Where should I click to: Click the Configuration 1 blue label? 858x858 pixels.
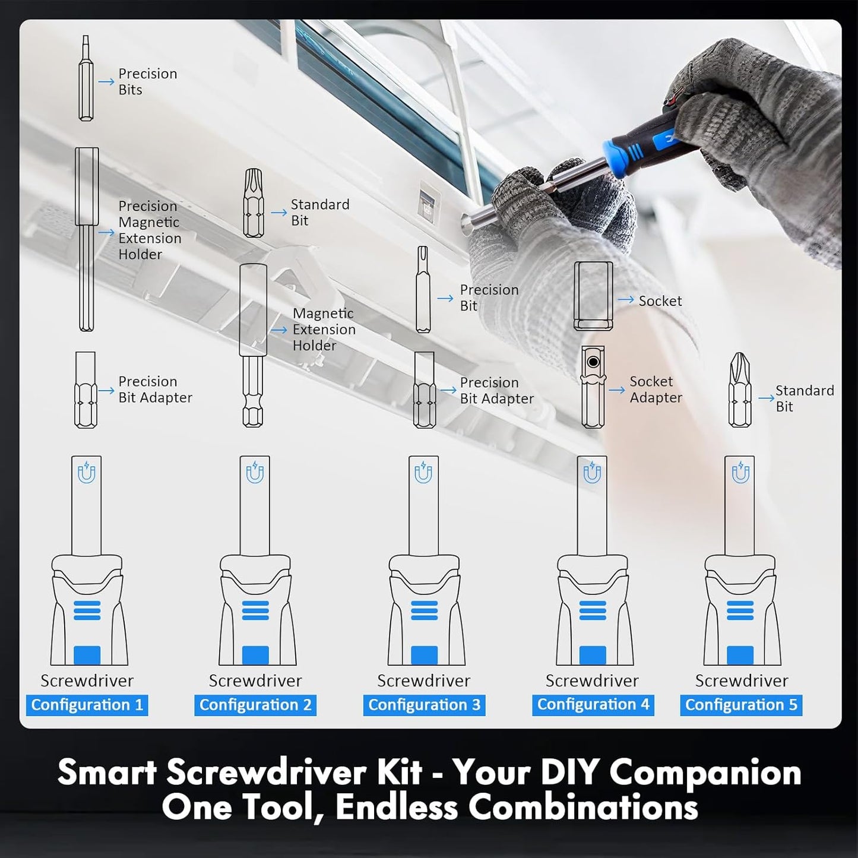coord(87,705)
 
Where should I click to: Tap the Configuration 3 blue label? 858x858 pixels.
coord(424,705)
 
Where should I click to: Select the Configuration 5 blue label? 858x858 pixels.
coord(741,705)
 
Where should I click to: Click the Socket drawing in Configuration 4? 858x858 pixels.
coord(593,296)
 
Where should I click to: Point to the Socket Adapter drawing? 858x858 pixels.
coord(593,387)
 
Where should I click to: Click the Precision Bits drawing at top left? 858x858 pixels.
coord(86,78)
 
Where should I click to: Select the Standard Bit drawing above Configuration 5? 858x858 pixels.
coord(740,390)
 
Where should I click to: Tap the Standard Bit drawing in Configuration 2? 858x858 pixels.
coord(254,203)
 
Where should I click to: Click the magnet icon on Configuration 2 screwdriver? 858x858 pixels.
coord(255,473)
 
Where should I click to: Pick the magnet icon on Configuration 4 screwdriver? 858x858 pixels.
coord(592,473)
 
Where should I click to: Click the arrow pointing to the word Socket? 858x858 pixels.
coord(626,300)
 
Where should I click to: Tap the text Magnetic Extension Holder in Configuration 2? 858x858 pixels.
coord(324,330)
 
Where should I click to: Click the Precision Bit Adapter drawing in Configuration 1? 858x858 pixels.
coord(86,390)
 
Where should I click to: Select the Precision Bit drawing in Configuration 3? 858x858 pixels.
coord(423,289)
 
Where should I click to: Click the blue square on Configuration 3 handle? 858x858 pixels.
coord(424,655)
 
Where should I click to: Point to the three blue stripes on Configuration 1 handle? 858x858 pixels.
coord(87,610)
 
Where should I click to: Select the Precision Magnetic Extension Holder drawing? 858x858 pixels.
coord(87,239)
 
